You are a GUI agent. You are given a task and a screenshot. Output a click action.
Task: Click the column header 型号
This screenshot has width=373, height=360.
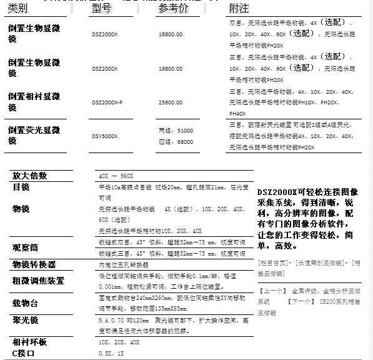[104, 9]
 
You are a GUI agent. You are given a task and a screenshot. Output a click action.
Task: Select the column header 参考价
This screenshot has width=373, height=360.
[173, 9]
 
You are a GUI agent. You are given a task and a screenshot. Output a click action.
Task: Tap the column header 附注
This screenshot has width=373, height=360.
[239, 9]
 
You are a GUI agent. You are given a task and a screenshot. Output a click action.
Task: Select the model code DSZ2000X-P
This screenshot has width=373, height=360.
[107, 101]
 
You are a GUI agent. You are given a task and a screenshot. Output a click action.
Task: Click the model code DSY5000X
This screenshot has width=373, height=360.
[104, 135]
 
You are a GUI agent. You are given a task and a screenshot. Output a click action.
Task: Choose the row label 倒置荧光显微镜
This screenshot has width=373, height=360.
[34, 135]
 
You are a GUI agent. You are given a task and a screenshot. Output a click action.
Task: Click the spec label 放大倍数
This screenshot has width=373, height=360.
[29, 176]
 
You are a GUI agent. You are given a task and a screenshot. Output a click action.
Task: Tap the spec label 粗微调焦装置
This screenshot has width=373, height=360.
[38, 281]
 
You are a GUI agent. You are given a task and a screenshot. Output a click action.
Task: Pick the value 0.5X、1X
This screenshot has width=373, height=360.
[111, 354]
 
